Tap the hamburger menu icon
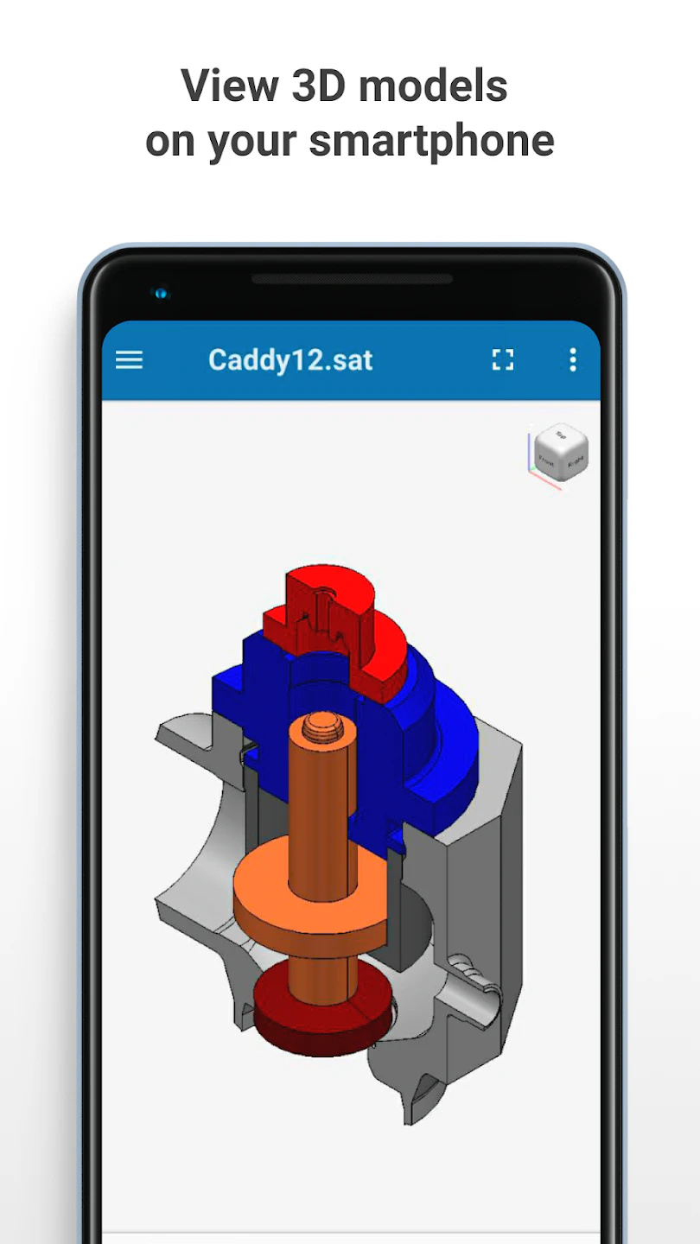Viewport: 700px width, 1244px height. tap(129, 360)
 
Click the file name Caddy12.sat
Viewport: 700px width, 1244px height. tap(290, 360)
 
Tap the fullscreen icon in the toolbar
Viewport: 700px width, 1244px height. tap(503, 360)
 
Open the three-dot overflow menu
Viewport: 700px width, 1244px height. tap(572, 360)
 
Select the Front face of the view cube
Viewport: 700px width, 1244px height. tap(546, 460)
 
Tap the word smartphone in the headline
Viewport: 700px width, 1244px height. tap(431, 141)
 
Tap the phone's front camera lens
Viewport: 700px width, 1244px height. tap(161, 294)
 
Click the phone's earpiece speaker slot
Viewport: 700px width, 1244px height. tap(352, 279)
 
